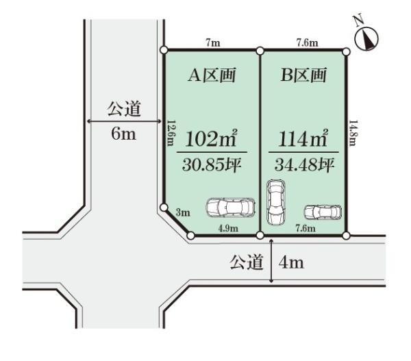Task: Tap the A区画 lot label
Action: (212, 75)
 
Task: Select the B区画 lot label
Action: (303, 75)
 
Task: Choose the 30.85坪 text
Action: (212, 165)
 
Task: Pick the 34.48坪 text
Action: (304, 165)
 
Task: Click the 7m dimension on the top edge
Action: (213, 42)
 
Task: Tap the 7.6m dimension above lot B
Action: (307, 42)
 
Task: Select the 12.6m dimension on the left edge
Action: (171, 133)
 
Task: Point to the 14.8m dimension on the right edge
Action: (353, 133)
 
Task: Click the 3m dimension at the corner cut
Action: (183, 212)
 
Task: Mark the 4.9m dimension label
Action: (228, 228)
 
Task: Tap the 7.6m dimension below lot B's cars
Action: (306, 228)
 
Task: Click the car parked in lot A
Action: (230, 208)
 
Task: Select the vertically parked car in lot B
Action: (276, 202)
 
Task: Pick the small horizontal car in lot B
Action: (323, 212)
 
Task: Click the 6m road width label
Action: (123, 134)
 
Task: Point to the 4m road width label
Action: (291, 262)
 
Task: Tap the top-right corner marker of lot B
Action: (346, 51)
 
